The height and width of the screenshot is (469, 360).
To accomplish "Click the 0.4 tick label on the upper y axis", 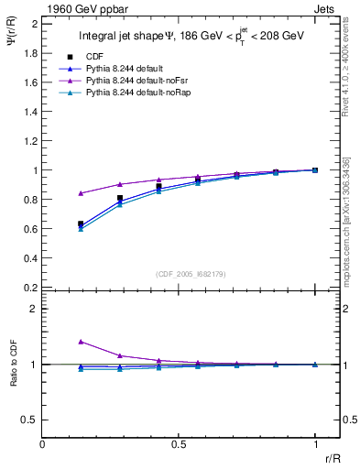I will coord(31,258).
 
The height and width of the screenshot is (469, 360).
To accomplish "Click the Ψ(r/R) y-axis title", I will coord(11,42).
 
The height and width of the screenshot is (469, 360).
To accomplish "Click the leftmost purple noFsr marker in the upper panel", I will coord(81,193).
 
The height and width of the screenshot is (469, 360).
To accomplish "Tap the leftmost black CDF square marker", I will coord(81,224).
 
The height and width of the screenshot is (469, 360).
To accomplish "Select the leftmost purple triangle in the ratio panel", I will coord(81,341).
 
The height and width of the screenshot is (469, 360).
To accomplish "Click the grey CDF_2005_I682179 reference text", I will coord(191,275).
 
